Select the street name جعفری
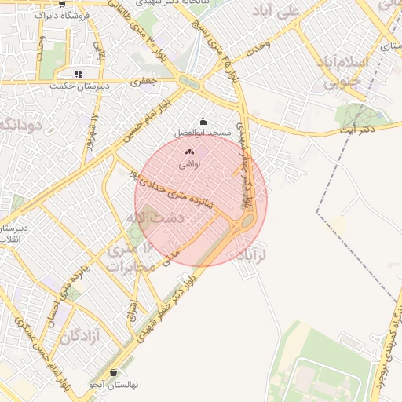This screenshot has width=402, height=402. [144, 79]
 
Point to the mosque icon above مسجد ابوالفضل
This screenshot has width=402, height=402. [203, 121]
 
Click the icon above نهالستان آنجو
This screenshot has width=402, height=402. [115, 372]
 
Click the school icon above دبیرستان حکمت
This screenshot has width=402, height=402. [78, 74]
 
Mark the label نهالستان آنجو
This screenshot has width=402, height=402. [113, 385]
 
